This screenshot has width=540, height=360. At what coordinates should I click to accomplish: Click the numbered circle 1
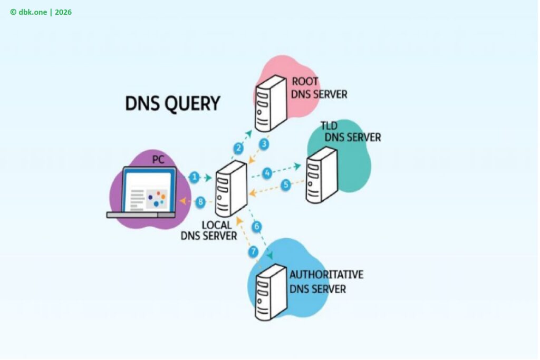click(195, 178)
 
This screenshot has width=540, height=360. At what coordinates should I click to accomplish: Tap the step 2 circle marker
click(238, 148)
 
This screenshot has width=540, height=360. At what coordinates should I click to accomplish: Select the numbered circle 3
click(264, 143)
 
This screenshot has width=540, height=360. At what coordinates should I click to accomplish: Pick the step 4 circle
click(268, 172)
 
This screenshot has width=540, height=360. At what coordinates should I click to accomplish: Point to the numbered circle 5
click(286, 185)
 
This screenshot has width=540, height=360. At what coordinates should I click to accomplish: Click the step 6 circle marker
click(257, 227)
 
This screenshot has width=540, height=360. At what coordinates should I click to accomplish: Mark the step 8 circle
click(200, 201)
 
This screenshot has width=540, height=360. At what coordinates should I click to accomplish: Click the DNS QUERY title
click(172, 103)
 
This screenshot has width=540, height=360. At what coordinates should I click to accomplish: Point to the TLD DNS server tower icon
click(321, 174)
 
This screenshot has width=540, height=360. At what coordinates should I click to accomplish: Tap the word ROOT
click(305, 82)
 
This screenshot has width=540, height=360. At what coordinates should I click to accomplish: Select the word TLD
click(330, 127)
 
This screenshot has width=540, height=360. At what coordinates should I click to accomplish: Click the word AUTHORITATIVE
click(326, 275)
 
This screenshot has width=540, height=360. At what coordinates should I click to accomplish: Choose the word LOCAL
click(217, 225)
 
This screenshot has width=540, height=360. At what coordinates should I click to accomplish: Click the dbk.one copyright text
click(41, 12)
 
